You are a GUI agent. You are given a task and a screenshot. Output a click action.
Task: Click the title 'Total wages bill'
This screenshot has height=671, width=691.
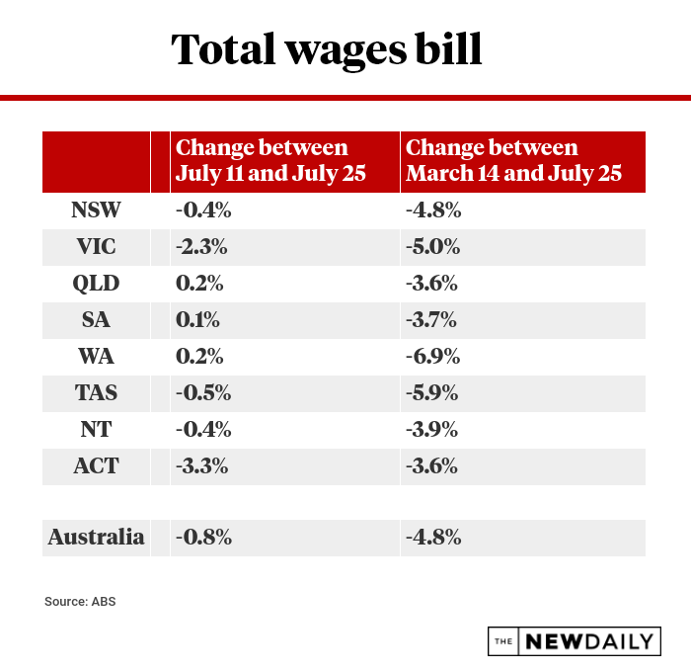327,48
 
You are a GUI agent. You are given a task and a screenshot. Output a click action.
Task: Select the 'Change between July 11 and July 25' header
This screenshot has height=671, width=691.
270,161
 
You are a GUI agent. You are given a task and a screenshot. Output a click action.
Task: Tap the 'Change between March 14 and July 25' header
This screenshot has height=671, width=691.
513,161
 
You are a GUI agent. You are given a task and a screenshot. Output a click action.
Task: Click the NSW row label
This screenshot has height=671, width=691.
96,210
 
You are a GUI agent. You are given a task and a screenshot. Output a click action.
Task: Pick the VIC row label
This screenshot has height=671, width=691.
96,246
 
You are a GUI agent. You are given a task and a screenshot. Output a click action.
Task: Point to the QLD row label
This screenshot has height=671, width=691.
96,283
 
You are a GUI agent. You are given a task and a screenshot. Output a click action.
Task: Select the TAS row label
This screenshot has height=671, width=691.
96,392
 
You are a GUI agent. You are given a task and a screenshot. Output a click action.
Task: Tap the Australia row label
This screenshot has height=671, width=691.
96,538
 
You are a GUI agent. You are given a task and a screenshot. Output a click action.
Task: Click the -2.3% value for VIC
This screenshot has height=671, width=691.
203,246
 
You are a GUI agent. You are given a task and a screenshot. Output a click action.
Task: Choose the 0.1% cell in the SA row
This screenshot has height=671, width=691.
197,319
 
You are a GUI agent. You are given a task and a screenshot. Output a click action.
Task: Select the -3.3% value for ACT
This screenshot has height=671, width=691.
203,465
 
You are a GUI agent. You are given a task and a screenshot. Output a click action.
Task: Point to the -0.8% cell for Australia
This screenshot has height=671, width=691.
203,538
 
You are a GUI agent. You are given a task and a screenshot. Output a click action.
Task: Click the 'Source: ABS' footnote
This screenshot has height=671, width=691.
80,601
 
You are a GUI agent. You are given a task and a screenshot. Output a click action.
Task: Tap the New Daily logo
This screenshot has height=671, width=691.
574,640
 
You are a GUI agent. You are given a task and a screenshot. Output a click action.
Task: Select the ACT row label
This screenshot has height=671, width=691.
96,465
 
